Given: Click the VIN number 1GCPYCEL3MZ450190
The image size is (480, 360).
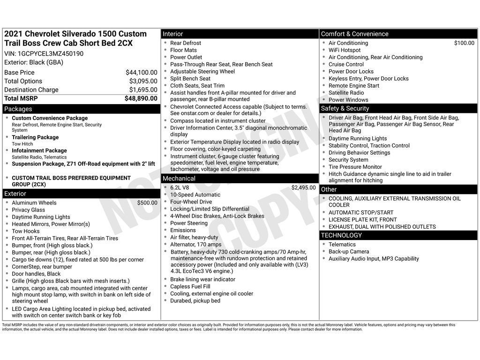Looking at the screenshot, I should (51, 53).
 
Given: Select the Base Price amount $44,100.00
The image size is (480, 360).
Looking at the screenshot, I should (141, 72).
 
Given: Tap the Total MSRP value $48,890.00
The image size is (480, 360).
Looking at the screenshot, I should (141, 98).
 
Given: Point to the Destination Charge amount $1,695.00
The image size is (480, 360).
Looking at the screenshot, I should (143, 90).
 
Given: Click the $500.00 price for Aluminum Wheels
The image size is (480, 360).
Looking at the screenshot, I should (147, 203).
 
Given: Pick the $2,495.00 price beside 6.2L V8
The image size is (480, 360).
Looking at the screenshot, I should (303, 187).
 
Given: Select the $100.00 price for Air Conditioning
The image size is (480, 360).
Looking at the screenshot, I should (464, 43).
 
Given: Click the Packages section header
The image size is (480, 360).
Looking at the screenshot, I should (18, 109).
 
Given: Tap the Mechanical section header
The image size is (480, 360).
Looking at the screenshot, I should (179, 179).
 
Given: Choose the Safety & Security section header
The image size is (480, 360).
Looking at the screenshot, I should (345, 108).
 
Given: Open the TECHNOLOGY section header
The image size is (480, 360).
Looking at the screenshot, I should (341, 235).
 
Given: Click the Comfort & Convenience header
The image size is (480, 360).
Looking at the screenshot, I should (354, 34).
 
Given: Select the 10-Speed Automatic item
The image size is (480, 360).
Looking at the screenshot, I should (195, 195).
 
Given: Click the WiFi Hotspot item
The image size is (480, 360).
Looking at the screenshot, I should (345, 50).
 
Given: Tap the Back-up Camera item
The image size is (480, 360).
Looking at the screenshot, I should (349, 251).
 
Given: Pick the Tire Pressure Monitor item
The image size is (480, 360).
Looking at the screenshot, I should (355, 166).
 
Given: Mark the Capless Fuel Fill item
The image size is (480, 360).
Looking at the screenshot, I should (190, 286).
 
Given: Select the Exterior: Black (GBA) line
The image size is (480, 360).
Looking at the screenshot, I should (34, 62).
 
